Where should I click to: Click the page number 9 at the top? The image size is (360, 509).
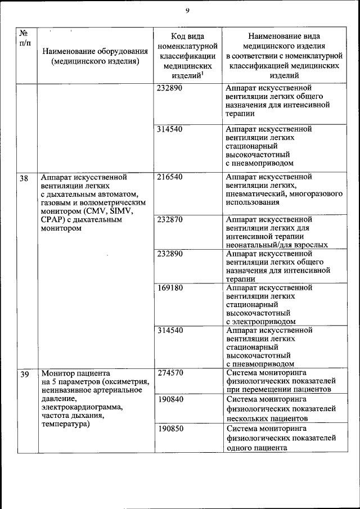(x=187, y=10)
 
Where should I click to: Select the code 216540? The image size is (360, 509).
(x=170, y=177)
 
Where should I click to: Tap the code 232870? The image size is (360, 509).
(x=170, y=219)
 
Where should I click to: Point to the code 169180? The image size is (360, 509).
(x=170, y=288)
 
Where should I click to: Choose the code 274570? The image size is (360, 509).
(x=170, y=373)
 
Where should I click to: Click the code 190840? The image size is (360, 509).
(x=170, y=399)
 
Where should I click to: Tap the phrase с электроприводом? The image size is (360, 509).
(x=261, y=322)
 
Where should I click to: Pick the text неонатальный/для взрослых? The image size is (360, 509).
(x=276, y=245)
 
